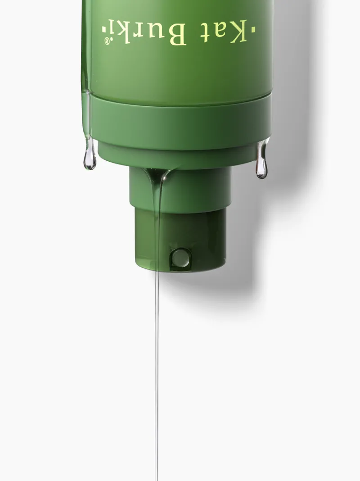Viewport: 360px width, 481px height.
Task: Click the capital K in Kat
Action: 237,31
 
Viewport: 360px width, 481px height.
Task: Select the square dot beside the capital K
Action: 253,29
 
